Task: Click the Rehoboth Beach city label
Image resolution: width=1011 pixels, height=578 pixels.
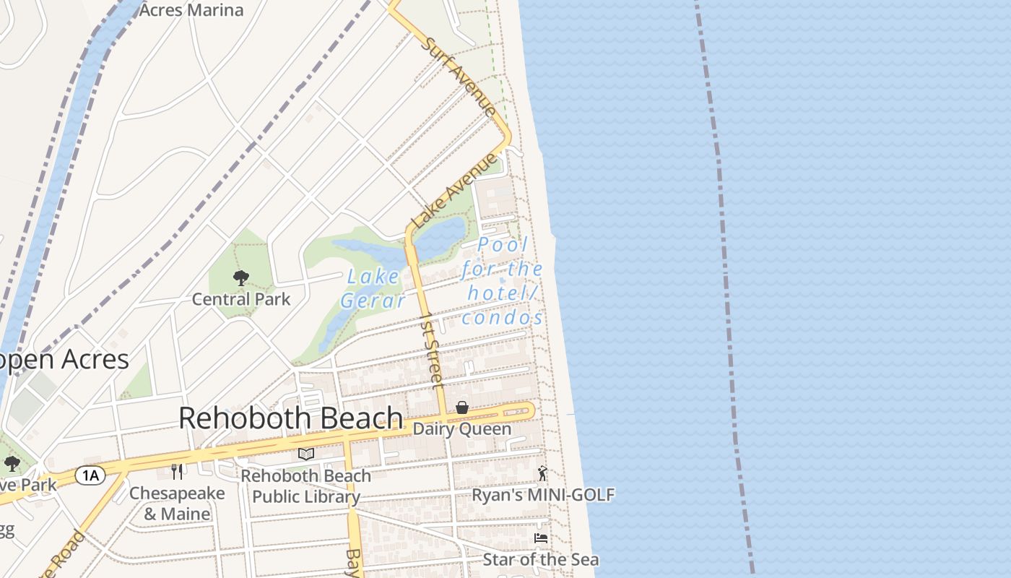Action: [x=290, y=418]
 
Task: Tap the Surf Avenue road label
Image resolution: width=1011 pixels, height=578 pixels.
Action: [x=460, y=76]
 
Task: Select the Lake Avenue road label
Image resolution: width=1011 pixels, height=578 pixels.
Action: [x=454, y=191]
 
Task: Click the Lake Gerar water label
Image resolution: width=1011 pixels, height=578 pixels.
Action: [x=373, y=288]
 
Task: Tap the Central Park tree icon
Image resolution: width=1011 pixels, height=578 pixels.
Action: [x=241, y=277]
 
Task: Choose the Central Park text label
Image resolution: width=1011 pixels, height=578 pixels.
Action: [x=241, y=299]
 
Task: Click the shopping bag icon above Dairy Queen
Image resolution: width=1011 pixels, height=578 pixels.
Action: [x=461, y=408]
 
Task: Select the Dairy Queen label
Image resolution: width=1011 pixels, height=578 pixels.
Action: [x=461, y=429]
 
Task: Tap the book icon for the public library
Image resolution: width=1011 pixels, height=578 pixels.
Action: [x=306, y=454]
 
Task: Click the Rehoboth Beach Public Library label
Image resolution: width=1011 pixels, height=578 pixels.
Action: [x=306, y=486]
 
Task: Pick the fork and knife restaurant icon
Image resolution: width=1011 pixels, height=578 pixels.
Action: [x=177, y=472]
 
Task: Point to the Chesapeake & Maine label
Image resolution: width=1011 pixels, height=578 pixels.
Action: [x=177, y=504]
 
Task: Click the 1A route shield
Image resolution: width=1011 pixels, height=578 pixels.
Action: [x=90, y=475]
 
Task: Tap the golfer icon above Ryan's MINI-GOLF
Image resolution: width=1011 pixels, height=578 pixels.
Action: [x=542, y=474]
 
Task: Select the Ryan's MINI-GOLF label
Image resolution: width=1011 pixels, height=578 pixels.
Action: [x=543, y=495]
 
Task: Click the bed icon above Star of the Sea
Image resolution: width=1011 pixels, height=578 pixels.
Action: [x=540, y=538]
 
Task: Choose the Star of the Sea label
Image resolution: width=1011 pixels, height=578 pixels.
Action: [x=540, y=559]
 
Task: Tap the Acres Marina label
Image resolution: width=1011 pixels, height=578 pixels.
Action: [x=191, y=10]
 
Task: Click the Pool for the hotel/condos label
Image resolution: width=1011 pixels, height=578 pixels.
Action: [x=503, y=281]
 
